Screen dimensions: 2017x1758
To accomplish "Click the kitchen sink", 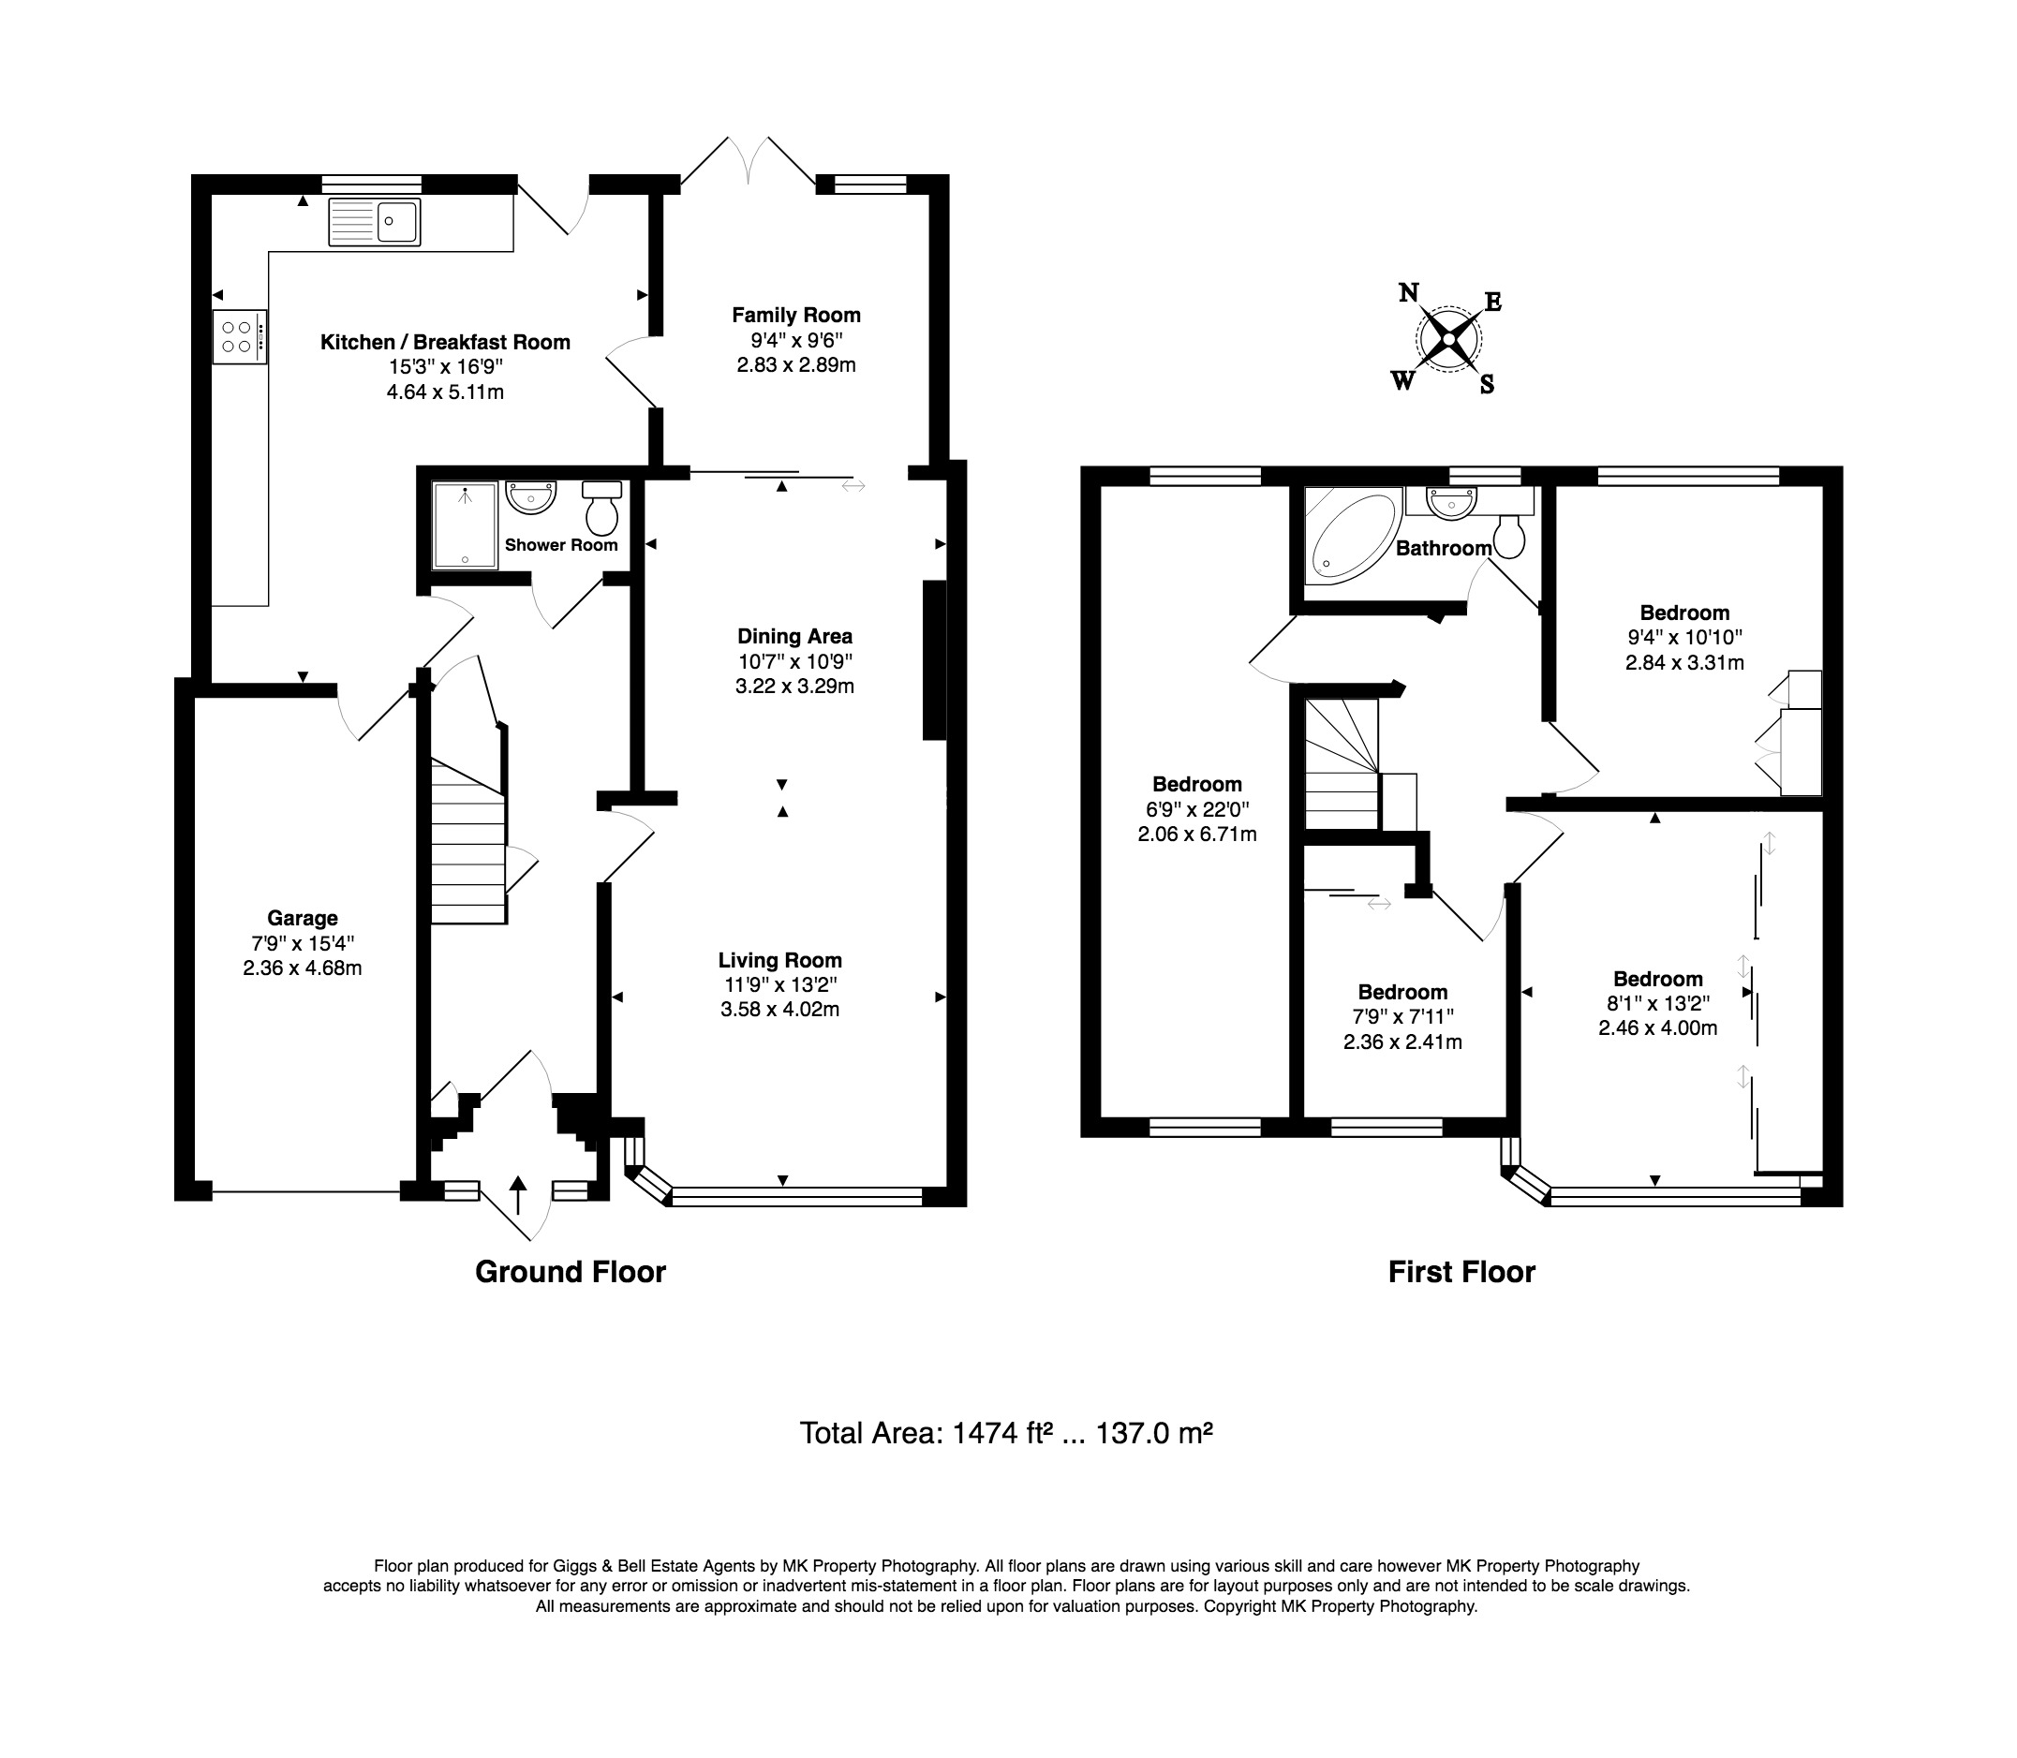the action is [374, 222].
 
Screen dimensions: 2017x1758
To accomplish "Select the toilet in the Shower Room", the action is [601, 505].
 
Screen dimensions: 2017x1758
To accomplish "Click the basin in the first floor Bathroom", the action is [1451, 504].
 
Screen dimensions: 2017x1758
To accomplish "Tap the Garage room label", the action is [303, 918].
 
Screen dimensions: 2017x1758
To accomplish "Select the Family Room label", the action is [795, 315].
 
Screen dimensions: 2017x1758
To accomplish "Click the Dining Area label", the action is [794, 636].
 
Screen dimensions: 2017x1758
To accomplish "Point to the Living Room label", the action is [780, 960].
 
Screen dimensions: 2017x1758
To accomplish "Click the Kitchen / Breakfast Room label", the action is [445, 343].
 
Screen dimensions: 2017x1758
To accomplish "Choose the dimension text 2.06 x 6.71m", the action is [1197, 835].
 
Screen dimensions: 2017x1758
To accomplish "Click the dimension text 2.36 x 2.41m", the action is [1402, 1042].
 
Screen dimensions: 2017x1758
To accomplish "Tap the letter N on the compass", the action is [1409, 292].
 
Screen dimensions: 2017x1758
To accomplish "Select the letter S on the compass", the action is [1488, 385].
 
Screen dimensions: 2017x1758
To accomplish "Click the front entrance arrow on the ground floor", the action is [517, 1196].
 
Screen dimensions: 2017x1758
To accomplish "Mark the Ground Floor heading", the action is [570, 1273].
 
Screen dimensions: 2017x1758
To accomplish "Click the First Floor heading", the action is [1461, 1273].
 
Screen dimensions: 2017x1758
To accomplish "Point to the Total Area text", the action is [1006, 1433].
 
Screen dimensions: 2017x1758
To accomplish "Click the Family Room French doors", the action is [748, 162].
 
